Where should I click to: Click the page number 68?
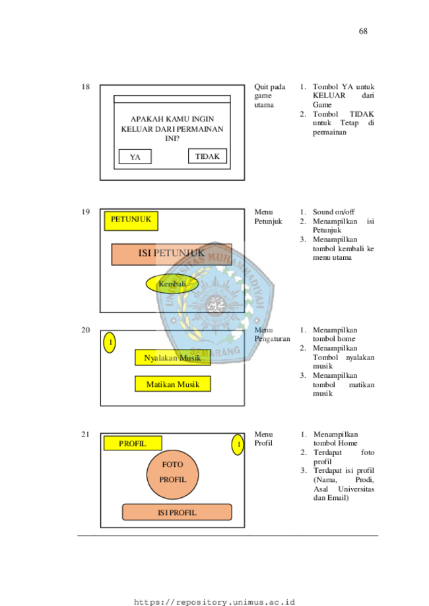[363, 31]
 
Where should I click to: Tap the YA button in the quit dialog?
[135, 156]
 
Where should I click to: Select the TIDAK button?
[207, 156]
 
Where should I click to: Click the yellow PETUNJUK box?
[131, 221]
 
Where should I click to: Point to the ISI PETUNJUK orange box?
[172, 255]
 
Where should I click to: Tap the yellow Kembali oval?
[172, 284]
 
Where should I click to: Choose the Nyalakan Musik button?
[172, 357]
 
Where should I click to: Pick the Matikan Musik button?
[172, 384]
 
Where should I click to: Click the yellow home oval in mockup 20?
[110, 342]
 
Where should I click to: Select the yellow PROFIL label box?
[133, 443]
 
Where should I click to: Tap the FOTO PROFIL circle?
[172, 474]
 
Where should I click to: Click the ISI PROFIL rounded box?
[177, 512]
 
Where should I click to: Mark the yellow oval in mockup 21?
[238, 444]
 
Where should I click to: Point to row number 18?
[86, 86]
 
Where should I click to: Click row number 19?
[86, 212]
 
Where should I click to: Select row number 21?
[86, 435]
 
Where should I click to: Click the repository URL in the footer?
[214, 602]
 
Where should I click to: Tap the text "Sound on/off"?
[333, 212]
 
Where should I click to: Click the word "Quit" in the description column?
[261, 87]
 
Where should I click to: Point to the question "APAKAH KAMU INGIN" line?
[172, 119]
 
